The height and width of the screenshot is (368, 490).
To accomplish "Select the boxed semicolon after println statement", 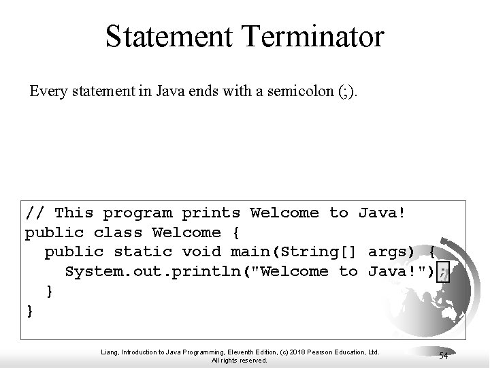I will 444,271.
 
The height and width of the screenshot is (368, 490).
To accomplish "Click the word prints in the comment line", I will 212,213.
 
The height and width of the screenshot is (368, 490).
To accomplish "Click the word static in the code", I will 138,252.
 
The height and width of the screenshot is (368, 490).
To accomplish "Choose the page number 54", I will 443,356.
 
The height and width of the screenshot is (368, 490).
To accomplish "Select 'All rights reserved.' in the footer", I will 240,360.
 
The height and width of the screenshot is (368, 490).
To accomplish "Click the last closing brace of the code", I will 29,311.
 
